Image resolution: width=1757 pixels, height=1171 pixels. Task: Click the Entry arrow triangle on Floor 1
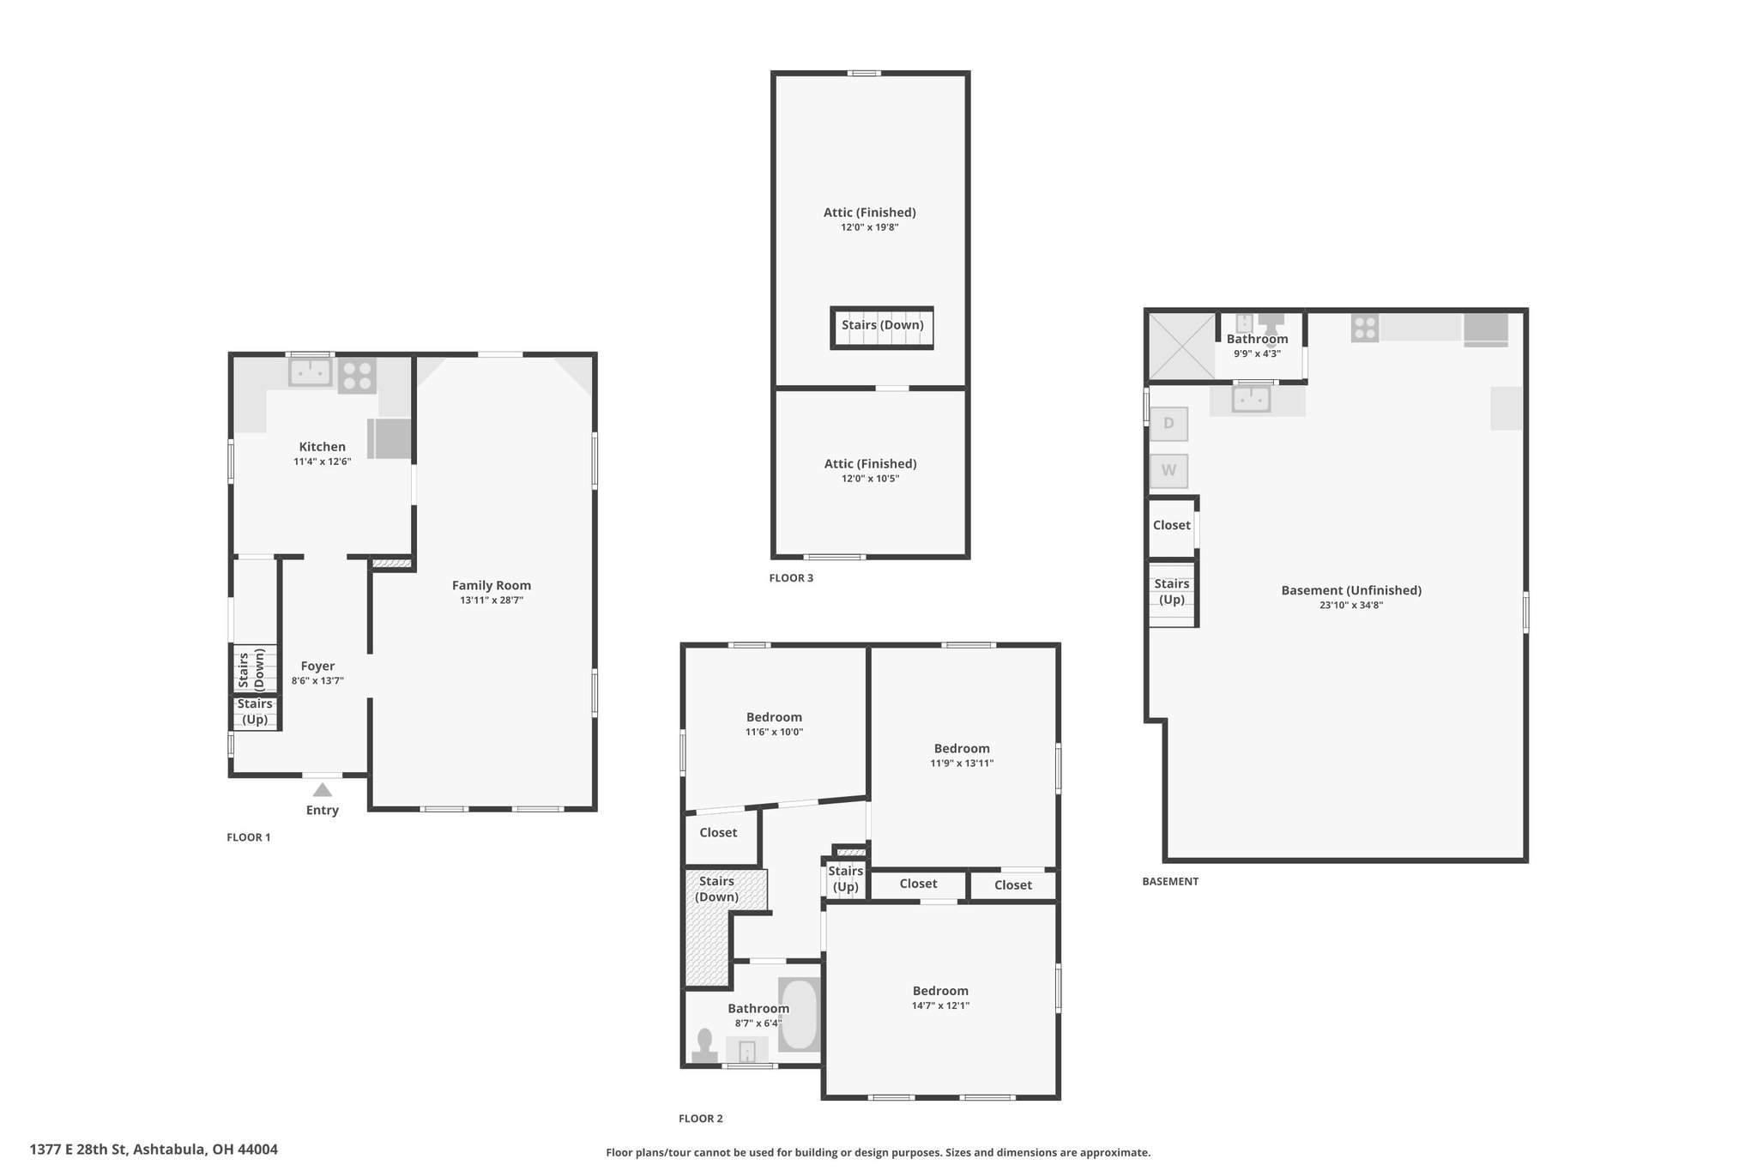coord(322,790)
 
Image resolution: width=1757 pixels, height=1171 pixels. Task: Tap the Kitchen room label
coord(323,446)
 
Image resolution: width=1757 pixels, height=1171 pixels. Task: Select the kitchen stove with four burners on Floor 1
coord(357,376)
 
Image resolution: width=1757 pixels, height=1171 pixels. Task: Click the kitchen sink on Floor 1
coord(310,371)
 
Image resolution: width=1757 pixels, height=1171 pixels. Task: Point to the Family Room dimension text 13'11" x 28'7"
coord(492,601)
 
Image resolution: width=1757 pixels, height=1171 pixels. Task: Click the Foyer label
coord(317,666)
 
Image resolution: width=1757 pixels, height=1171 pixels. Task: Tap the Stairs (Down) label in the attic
coord(883,325)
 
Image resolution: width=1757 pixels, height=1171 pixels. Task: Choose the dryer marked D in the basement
coord(1168,423)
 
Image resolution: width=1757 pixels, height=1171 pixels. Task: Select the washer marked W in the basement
coord(1168,471)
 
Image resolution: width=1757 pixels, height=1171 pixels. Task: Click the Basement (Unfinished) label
coord(1351,590)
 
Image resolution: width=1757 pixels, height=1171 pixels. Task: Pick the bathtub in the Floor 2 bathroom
coord(800,1015)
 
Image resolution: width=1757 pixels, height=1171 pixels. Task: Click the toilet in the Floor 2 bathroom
coord(705,1047)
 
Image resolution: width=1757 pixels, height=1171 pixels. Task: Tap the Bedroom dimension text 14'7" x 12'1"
coord(940,1005)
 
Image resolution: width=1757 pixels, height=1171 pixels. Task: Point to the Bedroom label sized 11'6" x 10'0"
coord(774,717)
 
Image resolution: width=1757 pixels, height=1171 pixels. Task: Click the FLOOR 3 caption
coord(791,578)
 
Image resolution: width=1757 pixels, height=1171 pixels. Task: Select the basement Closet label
coord(1172,525)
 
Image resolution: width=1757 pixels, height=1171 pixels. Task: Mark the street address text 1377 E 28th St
coord(78,1150)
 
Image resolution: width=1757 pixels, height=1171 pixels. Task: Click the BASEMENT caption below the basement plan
coord(1170,881)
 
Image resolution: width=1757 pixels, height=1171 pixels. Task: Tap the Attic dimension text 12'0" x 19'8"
coord(870,227)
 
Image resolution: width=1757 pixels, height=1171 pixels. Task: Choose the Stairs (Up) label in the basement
coord(1172,592)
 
